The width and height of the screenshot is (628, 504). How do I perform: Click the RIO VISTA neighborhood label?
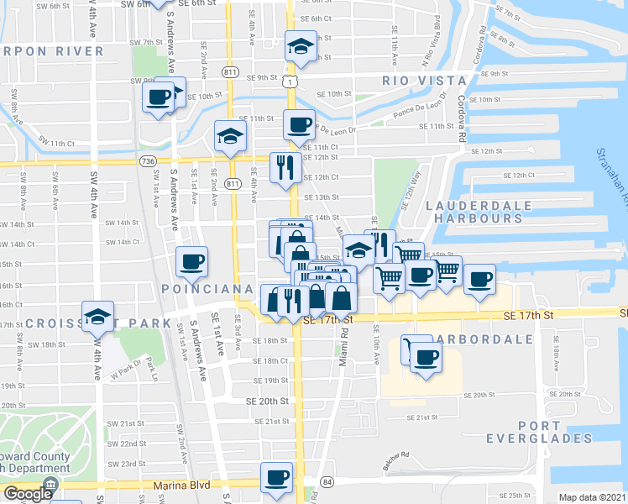[x=424, y=81]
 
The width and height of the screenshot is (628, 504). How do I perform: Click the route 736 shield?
[x=149, y=160]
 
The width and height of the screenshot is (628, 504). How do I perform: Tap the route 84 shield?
[x=327, y=481]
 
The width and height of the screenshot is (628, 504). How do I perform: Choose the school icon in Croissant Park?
[x=98, y=316]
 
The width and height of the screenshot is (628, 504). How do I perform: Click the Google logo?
[x=28, y=495]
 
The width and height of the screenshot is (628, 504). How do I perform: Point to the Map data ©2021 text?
[x=592, y=497]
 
